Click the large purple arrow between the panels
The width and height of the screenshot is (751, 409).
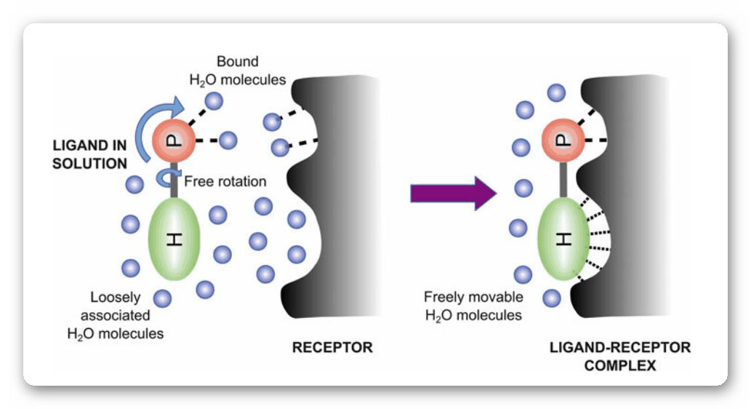(x=452, y=193)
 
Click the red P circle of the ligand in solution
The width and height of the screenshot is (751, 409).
(x=174, y=140)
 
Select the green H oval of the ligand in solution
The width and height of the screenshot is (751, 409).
(x=174, y=239)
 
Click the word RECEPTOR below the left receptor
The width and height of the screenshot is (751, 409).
(x=332, y=348)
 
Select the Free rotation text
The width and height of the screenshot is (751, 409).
(x=225, y=180)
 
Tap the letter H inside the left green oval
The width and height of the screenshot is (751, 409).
(x=174, y=239)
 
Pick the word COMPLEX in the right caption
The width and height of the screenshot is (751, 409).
(x=620, y=365)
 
